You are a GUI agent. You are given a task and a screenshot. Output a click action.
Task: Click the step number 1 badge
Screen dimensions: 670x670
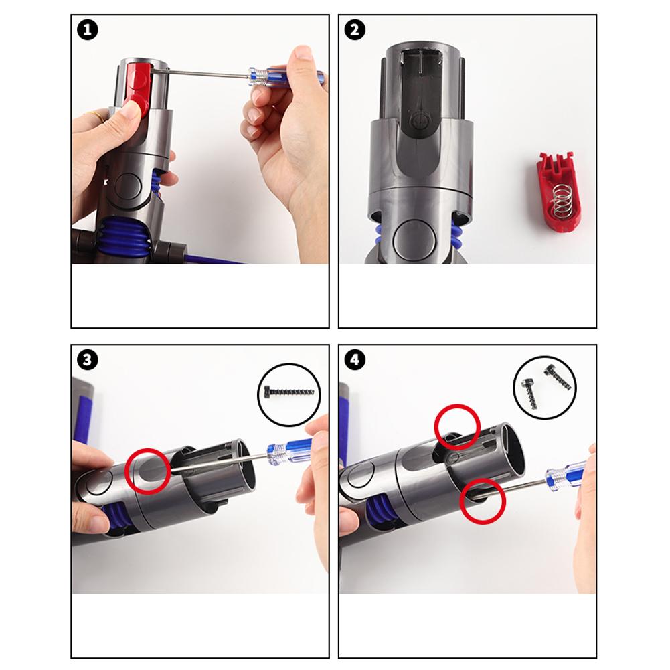[88, 30]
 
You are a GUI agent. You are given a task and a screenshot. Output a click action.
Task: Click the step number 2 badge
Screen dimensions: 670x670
[355, 30]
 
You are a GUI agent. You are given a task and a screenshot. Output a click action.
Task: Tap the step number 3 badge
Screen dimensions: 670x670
[88, 360]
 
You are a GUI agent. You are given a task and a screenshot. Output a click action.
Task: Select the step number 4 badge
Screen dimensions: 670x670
[355, 360]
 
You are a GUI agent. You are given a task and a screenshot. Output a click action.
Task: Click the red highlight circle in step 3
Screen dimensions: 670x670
[147, 471]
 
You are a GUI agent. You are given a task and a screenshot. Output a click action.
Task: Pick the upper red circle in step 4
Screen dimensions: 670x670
[457, 426]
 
